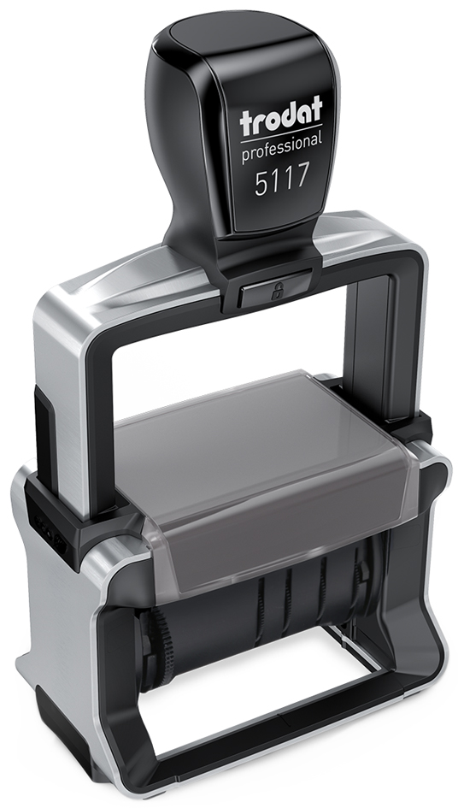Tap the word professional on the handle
pos(282,147)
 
